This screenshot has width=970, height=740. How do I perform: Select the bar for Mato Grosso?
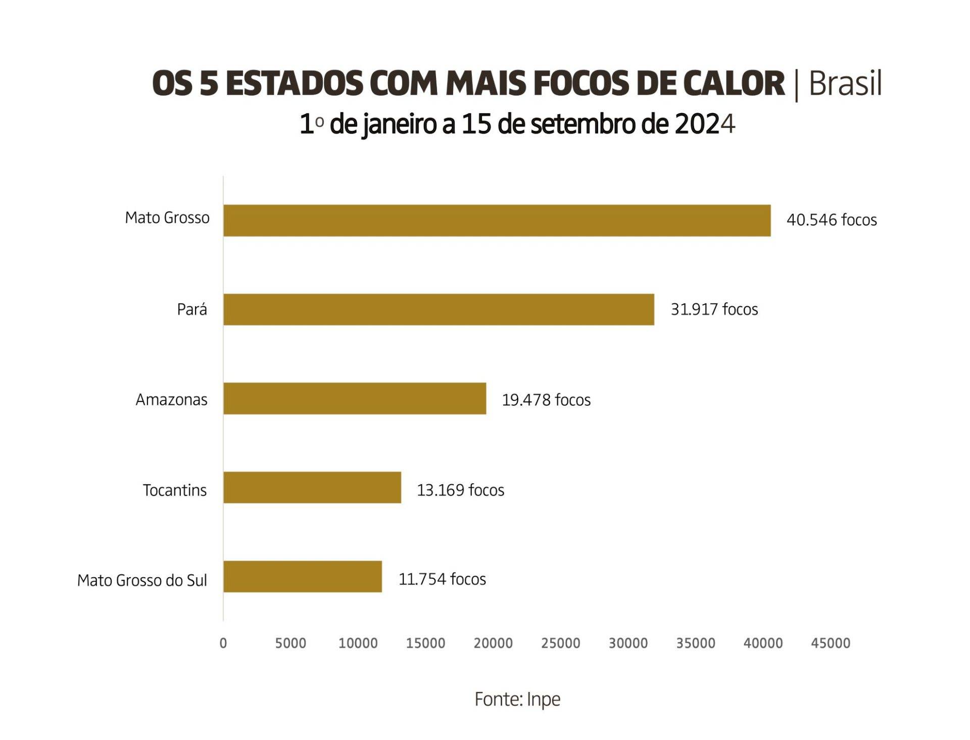click(497, 220)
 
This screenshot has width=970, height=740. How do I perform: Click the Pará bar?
click(439, 309)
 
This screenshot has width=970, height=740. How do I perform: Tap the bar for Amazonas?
click(355, 398)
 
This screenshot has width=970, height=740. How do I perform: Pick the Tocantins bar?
click(312, 487)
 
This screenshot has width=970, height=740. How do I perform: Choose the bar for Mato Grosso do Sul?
click(302, 576)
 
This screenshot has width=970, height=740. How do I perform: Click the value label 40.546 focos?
click(832, 220)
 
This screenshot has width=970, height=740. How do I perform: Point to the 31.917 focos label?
click(714, 309)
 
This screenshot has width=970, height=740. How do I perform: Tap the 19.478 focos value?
click(546, 400)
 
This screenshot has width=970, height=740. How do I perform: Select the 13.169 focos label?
click(460, 490)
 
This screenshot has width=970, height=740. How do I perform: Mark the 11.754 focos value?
click(442, 579)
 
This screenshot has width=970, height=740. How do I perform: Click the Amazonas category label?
click(172, 400)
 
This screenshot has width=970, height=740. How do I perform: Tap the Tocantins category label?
click(175, 490)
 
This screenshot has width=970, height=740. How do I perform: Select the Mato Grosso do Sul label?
click(142, 580)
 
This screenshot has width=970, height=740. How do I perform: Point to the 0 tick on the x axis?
click(223, 643)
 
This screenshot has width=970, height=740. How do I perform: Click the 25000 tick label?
click(561, 643)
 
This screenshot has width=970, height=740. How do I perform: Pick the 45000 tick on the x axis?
click(831, 643)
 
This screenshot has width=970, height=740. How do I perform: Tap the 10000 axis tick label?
click(358, 643)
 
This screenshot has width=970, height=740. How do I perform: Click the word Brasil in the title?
click(845, 84)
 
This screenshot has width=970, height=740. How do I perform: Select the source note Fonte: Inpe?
click(517, 700)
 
